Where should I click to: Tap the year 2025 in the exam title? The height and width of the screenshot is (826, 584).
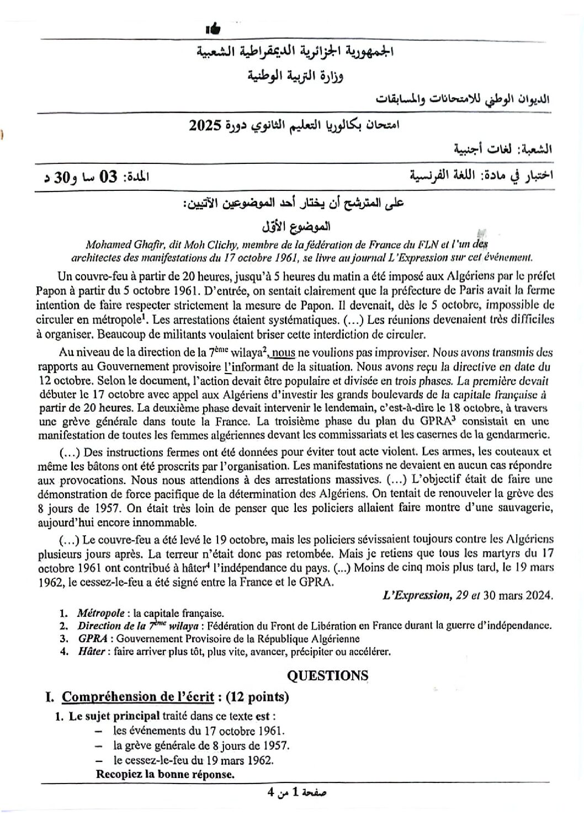click(x=203, y=126)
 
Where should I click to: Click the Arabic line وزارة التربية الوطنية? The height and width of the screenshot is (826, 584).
click(x=295, y=76)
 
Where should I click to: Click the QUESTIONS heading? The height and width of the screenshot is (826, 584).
click(x=328, y=675)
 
